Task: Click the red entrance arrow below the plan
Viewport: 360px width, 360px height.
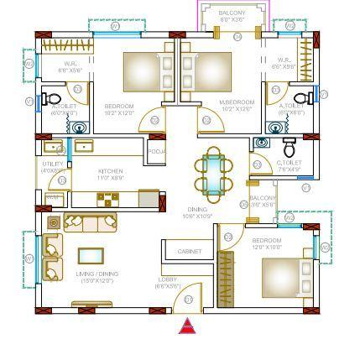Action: coord(186,326)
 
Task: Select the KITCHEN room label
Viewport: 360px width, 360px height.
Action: coord(111,171)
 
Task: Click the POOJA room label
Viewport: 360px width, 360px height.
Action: coord(156,151)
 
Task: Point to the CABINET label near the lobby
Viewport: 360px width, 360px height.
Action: coord(189,251)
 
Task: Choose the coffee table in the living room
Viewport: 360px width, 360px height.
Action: coord(91,255)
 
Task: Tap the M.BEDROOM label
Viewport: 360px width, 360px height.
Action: coord(237,104)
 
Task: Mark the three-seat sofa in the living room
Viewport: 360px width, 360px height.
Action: coord(90,222)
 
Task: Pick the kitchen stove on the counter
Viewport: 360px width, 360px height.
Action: coord(107,200)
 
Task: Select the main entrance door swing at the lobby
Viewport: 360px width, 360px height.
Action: coord(190,295)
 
